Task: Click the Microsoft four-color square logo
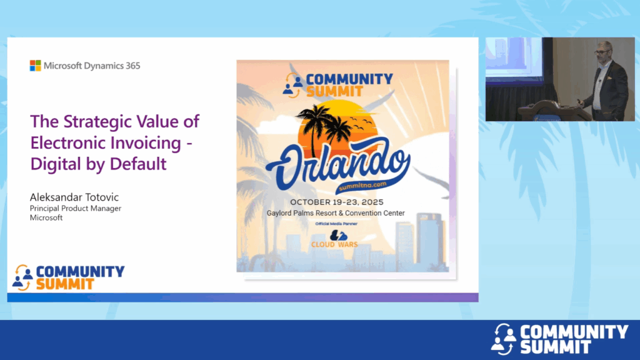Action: click(35, 66)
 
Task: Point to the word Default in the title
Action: click(138, 164)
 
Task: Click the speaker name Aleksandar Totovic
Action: click(74, 197)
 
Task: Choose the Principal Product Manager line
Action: click(76, 208)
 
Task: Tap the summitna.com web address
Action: click(363, 185)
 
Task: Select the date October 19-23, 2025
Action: click(337, 202)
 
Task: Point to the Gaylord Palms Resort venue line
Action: click(336, 213)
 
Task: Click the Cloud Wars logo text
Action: click(334, 244)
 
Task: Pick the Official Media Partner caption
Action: click(336, 224)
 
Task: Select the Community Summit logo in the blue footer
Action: click(559, 339)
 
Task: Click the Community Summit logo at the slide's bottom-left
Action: click(68, 277)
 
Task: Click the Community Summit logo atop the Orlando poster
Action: click(337, 85)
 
